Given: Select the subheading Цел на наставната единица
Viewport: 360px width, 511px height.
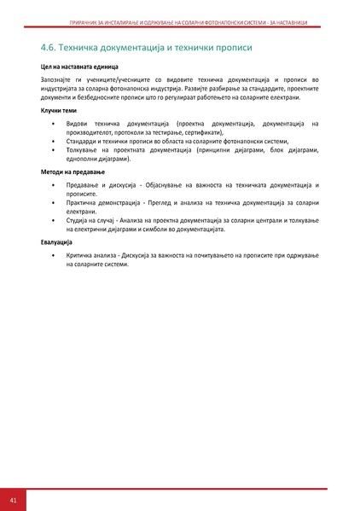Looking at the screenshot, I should pyautogui.click(x=79, y=66).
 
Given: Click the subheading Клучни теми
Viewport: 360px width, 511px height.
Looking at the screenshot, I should pyautogui.click(x=58, y=111).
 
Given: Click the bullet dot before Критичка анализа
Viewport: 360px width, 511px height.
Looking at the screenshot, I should pyautogui.click(x=54, y=256).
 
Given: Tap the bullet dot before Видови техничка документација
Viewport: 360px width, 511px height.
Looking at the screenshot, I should pyautogui.click(x=54, y=124).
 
